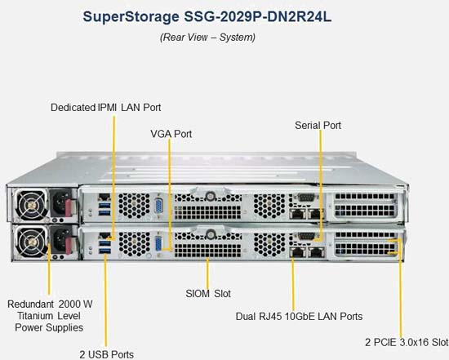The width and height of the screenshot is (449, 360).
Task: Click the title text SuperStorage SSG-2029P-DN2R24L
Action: (x=207, y=17)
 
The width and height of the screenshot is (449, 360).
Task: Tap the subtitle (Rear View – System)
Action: (x=207, y=38)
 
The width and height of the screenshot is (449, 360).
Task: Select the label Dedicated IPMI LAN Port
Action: (x=105, y=108)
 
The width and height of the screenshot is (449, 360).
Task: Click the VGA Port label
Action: (x=171, y=134)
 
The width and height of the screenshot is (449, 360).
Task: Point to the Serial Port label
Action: (x=318, y=125)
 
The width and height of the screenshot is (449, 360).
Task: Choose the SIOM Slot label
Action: (x=208, y=294)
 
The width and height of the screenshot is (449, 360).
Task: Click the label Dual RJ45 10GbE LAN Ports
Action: (x=299, y=317)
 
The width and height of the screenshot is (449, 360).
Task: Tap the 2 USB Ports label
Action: (x=106, y=354)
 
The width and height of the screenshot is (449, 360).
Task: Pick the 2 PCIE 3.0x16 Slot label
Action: (x=407, y=342)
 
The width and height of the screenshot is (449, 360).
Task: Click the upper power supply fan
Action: (x=31, y=204)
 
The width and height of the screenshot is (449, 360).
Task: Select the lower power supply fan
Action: (x=32, y=242)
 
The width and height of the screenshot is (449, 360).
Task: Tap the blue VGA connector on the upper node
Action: (x=158, y=205)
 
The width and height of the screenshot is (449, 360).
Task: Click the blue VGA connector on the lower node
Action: (x=158, y=244)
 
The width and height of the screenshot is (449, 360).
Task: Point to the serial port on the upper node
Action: (x=306, y=197)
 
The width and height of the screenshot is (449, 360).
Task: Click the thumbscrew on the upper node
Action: (x=210, y=196)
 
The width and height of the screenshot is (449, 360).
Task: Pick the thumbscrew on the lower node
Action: (x=211, y=234)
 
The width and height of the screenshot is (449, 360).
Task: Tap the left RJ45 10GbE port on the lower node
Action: (x=297, y=252)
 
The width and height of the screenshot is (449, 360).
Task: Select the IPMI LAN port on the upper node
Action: (x=104, y=197)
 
